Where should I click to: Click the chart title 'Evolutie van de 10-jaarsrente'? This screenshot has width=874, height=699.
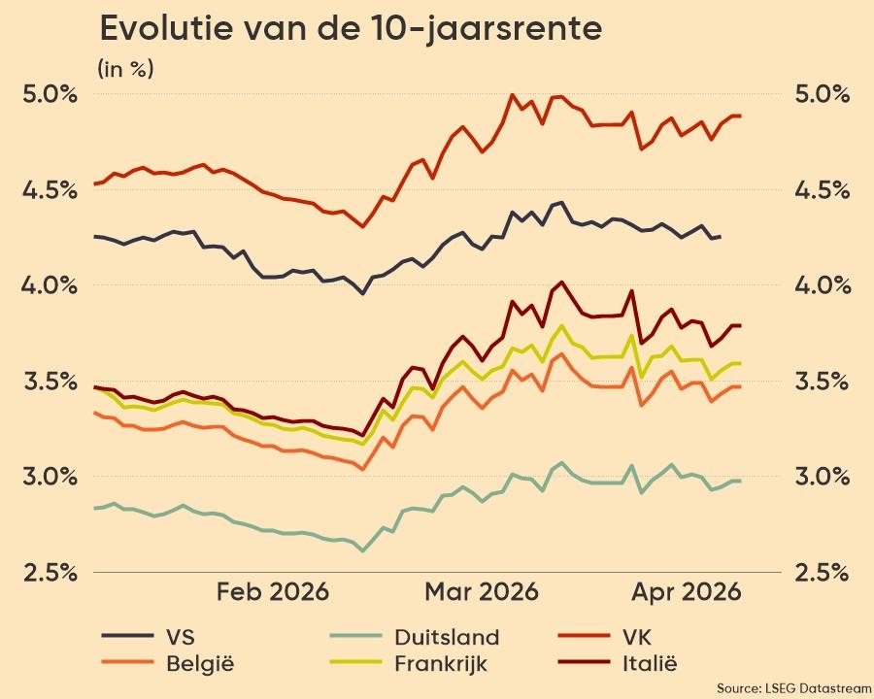pyautogui.click(x=351, y=29)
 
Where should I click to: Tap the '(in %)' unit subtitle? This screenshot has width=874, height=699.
pyautogui.click(x=125, y=69)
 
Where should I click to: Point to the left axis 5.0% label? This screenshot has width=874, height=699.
pyautogui.click(x=50, y=94)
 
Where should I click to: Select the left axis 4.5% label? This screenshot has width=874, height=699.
pyautogui.click(x=50, y=189)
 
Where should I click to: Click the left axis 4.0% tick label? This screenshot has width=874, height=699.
pyautogui.click(x=50, y=284)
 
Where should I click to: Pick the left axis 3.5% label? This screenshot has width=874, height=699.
pyautogui.click(x=50, y=381)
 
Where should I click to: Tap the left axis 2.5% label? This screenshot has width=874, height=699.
pyautogui.click(x=50, y=572)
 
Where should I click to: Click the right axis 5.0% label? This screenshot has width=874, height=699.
pyautogui.click(x=824, y=94)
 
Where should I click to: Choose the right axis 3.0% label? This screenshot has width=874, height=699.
pyautogui.click(x=824, y=476)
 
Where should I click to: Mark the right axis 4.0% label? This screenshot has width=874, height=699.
pyautogui.click(x=824, y=284)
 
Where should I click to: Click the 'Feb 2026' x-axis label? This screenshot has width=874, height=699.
pyautogui.click(x=273, y=592)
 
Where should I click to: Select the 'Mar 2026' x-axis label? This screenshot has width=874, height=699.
pyautogui.click(x=483, y=592)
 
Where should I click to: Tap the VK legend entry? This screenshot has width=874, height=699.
pyautogui.click(x=603, y=638)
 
